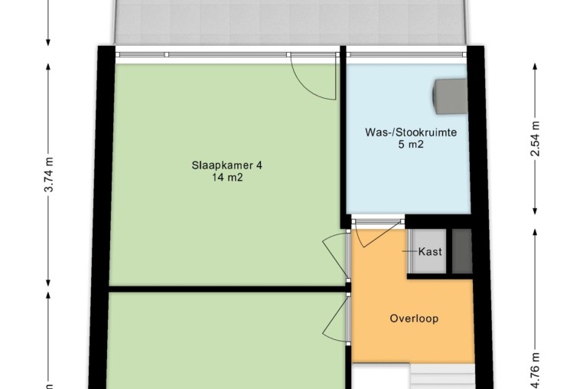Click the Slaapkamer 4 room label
226,165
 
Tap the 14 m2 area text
227,178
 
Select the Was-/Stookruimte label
411,132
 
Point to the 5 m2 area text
411,145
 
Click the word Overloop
414,319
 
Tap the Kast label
430,252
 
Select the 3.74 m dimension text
49,175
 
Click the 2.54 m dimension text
535,139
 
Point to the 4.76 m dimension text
535,371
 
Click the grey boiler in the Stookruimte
450,96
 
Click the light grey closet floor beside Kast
430,251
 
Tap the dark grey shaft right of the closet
462,251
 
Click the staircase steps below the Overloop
442,377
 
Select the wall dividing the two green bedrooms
226,289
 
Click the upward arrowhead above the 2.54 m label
535,67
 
